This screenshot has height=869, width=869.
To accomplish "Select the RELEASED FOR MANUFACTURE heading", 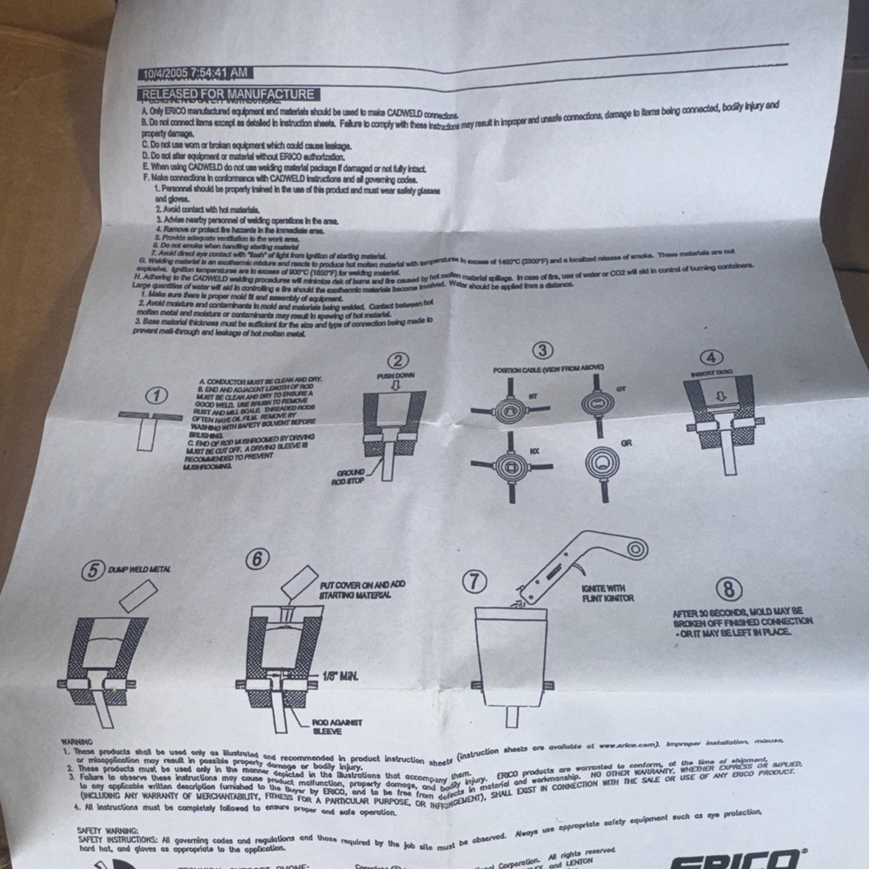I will click(228, 95).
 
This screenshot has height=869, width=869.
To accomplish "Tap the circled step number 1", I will click(157, 395).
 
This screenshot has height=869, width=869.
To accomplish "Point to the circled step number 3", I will click(543, 351).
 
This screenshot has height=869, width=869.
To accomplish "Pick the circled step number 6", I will click(256, 560).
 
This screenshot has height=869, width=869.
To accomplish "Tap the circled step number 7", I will click(473, 582).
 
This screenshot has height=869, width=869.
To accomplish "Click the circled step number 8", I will click(729, 588).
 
